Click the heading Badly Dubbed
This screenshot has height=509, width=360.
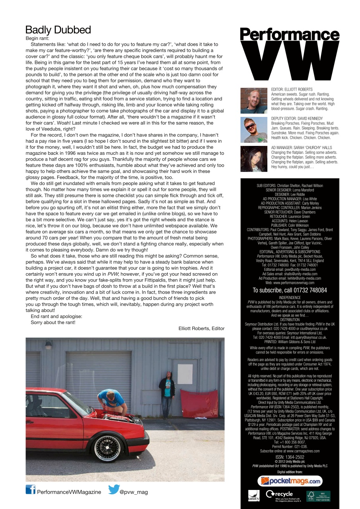[x=58, y=30]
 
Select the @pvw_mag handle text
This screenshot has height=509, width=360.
[x=134, y=492]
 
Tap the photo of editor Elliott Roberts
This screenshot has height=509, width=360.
[x=254, y=101]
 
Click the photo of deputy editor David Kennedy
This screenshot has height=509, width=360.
[x=254, y=130]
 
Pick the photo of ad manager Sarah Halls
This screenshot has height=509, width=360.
[x=254, y=159]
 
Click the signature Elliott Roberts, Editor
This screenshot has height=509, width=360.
[x=201, y=328]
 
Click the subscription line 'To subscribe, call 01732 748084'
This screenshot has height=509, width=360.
[x=290, y=290]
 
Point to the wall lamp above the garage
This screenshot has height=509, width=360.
[x=49, y=345]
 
